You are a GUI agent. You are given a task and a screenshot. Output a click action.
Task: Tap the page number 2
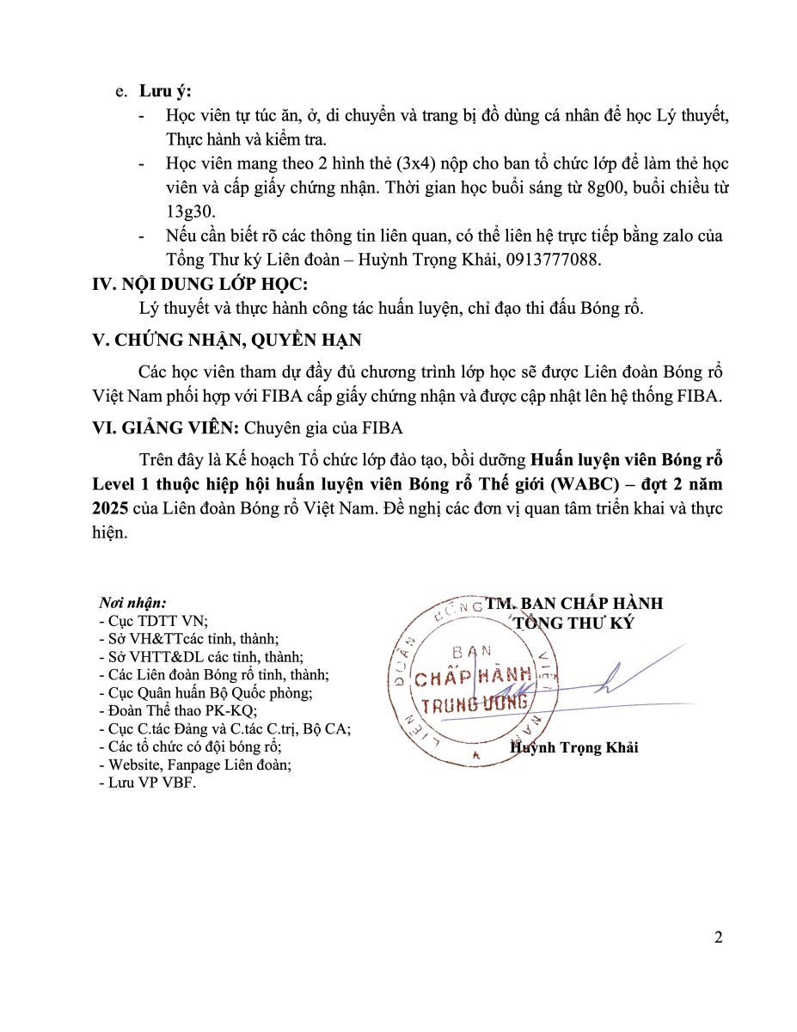point(718,937)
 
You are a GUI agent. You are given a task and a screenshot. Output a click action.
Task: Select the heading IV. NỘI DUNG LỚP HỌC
point(199,285)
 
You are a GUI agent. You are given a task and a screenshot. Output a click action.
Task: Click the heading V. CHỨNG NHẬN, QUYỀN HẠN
point(227,340)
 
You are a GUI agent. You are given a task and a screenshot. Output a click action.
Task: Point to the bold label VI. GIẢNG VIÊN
point(167,427)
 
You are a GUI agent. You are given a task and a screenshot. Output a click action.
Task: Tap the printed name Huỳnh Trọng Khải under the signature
point(574,747)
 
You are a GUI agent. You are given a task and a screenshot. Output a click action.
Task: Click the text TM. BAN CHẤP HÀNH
point(574,604)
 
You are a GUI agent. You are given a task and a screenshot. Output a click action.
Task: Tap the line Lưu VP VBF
point(148,783)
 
